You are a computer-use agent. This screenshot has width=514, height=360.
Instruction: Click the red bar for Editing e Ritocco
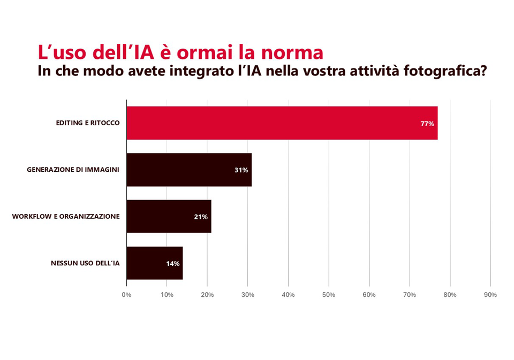282,123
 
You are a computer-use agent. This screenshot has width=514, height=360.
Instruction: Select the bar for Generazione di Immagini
188,170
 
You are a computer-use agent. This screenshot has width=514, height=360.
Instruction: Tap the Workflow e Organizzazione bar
169,216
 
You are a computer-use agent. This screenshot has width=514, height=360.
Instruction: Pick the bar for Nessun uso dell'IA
154,263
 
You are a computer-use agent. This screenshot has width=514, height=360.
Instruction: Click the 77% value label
427,124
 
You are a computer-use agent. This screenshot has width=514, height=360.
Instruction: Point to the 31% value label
241,170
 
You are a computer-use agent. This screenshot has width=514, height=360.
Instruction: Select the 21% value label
201,217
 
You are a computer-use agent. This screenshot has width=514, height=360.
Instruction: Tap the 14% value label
172,264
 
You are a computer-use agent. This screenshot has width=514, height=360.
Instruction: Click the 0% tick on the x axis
126,295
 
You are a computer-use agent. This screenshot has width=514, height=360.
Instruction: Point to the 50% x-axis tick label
329,295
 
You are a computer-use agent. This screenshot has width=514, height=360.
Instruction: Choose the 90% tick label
490,295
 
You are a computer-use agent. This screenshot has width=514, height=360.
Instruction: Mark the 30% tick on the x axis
248,295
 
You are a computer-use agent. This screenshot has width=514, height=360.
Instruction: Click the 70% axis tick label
410,295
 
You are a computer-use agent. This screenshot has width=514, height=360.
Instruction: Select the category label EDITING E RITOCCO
88,123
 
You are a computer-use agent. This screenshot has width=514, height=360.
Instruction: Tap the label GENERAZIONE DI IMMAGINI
73,170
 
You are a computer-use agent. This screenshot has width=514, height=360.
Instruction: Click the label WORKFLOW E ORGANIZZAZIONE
66,216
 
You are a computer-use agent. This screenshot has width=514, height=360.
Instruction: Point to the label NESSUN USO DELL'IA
85,263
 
